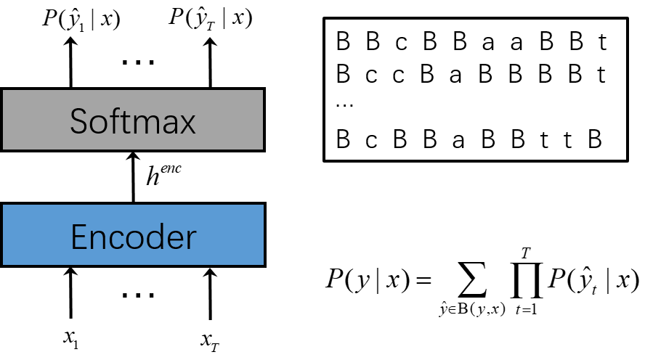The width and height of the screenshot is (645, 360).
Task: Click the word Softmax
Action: pyautogui.click(x=133, y=121)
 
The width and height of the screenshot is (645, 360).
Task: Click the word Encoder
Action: pyautogui.click(x=133, y=237)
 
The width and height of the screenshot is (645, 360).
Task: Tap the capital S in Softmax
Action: pyautogui.click(x=78, y=121)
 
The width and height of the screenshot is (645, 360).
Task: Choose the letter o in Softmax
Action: pyautogui.click(x=97, y=124)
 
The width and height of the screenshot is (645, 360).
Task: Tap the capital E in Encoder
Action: pyautogui.click(x=78, y=237)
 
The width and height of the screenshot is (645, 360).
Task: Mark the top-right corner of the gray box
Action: pyautogui.click(x=262, y=91)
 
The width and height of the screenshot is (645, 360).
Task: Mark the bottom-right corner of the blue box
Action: pyautogui.click(x=263, y=264)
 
